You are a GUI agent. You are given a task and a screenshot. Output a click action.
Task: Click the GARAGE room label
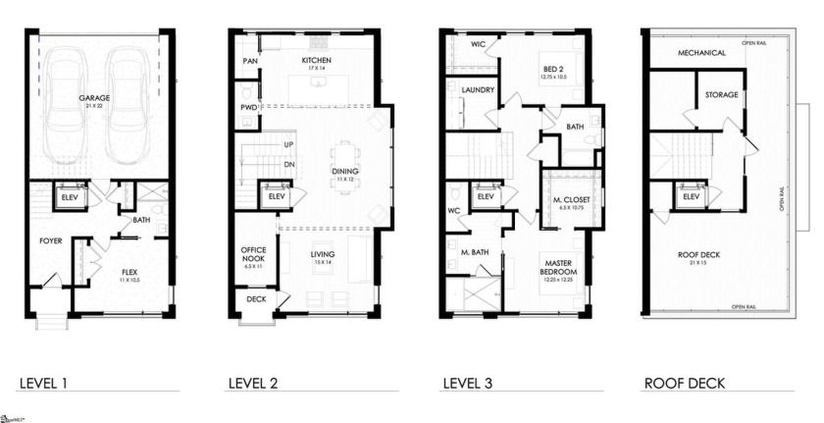(x=95, y=98)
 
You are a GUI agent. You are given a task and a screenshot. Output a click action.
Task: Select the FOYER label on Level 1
(x=51, y=239)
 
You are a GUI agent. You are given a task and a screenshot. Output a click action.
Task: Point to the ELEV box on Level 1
(x=70, y=196)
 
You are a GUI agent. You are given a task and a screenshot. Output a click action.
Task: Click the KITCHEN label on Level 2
(x=316, y=61)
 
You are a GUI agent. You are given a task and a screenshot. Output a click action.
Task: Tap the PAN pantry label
(x=249, y=61)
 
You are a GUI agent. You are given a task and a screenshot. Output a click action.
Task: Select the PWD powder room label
(x=249, y=107)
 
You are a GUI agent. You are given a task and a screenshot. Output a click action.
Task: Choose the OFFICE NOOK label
(x=254, y=255)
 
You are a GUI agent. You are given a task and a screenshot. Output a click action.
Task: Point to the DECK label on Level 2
(x=256, y=299)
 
